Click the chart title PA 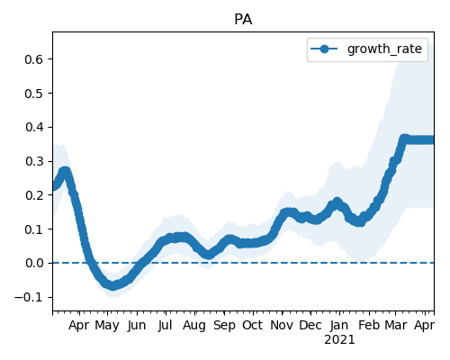click(x=243, y=20)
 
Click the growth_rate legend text click(x=384, y=49)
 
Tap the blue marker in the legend click(x=324, y=49)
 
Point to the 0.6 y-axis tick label click(x=34, y=59)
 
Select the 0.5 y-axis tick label click(x=34, y=94)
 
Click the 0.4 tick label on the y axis click(x=34, y=127)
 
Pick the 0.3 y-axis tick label click(x=34, y=161)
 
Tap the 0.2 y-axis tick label click(x=34, y=195)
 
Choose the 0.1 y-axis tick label click(x=34, y=229)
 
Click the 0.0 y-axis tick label click(x=34, y=264)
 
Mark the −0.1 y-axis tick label click(x=29, y=297)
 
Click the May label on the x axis click(x=107, y=326)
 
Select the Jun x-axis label click(x=137, y=326)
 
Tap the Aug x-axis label click(x=194, y=326)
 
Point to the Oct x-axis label click(x=253, y=325)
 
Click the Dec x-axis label click(x=310, y=325)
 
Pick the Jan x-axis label click(x=339, y=326)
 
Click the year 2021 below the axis click(x=339, y=340)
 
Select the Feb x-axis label click(x=369, y=325)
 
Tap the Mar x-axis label click(x=396, y=325)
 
